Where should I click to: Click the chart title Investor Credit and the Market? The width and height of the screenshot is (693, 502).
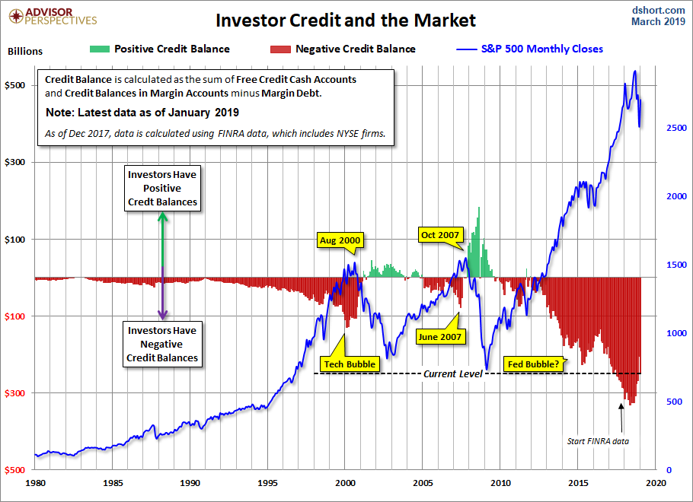pyautogui.click(x=345, y=20)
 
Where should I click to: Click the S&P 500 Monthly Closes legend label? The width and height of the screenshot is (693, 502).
pyautogui.click(x=541, y=49)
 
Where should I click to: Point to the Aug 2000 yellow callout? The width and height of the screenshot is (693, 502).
pyautogui.click(x=340, y=240)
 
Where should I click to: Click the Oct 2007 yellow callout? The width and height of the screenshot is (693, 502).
pyautogui.click(x=440, y=235)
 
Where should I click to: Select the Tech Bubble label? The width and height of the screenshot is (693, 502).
pyautogui.click(x=350, y=364)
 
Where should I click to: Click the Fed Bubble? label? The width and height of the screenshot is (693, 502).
pyautogui.click(x=532, y=364)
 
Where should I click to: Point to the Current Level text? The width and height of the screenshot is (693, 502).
pyautogui.click(x=453, y=373)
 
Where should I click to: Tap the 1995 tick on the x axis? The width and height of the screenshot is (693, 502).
pyautogui.click(x=268, y=482)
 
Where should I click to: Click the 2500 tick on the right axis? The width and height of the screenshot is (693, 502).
pyautogui.click(x=666, y=128)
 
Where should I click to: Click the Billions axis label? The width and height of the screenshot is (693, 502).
pyautogui.click(x=25, y=52)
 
